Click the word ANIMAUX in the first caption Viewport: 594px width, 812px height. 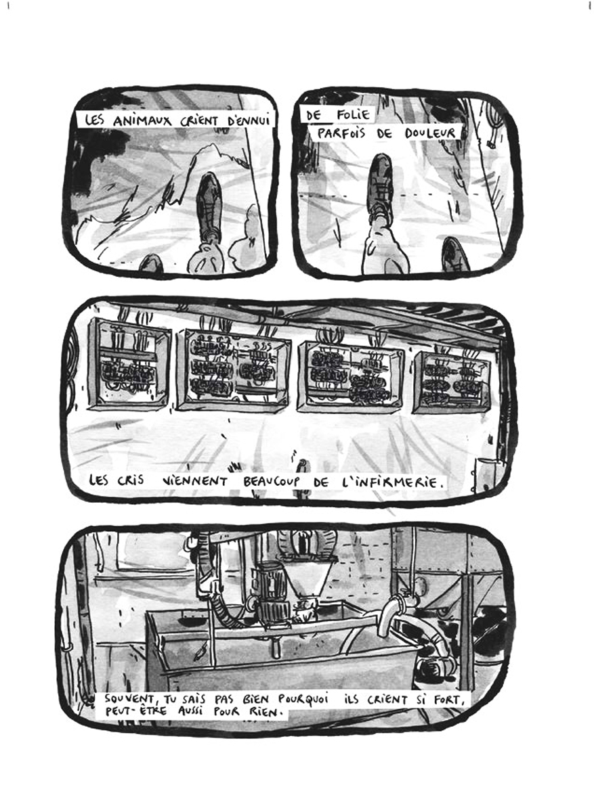click(142, 121)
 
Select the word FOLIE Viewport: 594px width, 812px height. click(354, 115)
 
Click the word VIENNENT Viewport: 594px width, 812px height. click(194, 482)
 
